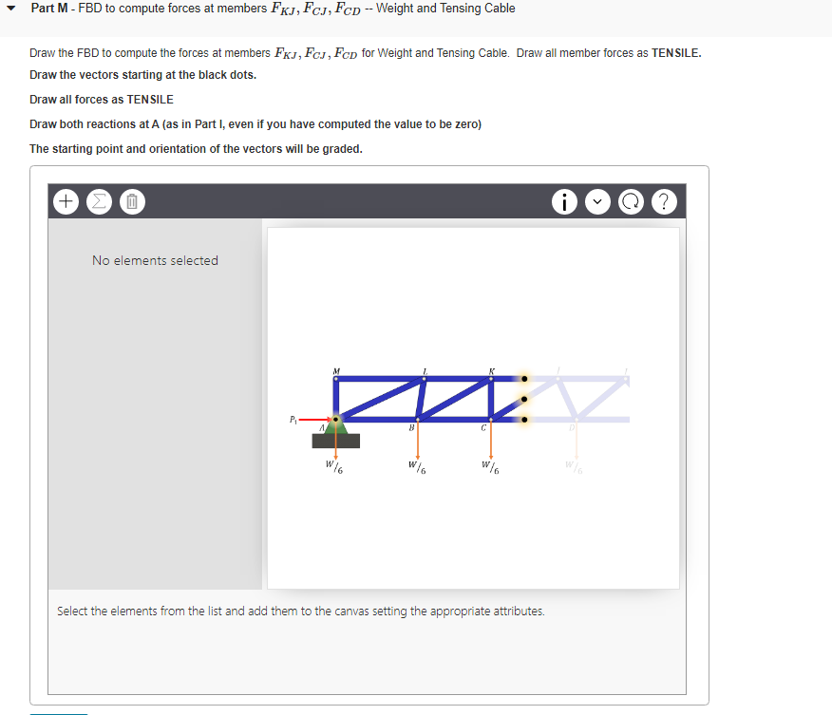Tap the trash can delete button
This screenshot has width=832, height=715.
click(132, 201)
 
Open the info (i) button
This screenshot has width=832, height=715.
click(566, 201)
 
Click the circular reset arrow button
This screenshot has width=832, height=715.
click(632, 201)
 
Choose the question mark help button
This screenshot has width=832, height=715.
click(665, 201)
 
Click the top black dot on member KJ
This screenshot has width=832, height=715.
click(523, 378)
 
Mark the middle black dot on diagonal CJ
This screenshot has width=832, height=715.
click(523, 398)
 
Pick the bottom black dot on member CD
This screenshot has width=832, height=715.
click(523, 418)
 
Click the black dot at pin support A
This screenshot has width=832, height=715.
click(334, 418)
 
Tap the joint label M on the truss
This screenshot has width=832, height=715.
click(334, 369)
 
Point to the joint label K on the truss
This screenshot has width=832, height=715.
click(491, 369)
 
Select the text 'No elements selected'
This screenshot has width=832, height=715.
click(155, 260)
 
